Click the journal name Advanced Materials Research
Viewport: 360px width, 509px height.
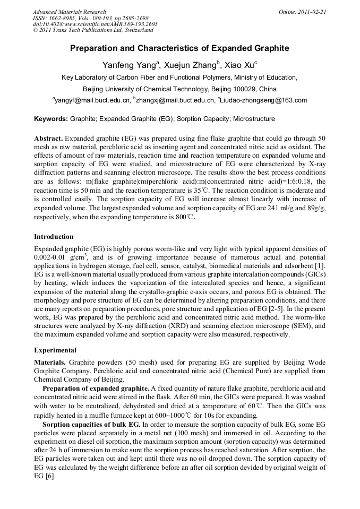(69, 12)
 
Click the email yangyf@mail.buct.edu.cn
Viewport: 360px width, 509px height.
(92, 100)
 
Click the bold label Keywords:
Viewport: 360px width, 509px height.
(51, 119)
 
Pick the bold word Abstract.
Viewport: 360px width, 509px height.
(49, 138)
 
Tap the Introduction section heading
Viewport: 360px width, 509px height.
(54, 236)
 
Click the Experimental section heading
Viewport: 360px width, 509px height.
(55, 350)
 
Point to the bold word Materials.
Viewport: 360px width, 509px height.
(50, 362)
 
